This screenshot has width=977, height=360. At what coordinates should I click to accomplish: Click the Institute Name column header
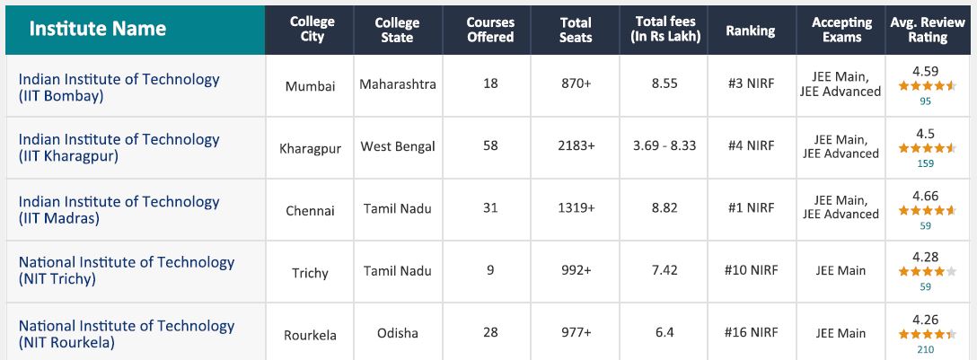tap(98, 29)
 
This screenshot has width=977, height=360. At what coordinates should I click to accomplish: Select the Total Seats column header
tap(576, 30)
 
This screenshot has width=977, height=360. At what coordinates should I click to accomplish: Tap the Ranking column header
tap(750, 31)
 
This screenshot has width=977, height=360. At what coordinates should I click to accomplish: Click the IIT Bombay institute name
tap(119, 87)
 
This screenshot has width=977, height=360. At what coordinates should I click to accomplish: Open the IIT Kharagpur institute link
tap(119, 147)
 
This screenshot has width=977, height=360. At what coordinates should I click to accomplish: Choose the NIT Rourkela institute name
tap(126, 334)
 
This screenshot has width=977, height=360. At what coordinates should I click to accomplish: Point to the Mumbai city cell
tap(310, 86)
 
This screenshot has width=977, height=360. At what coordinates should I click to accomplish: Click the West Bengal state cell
tap(398, 146)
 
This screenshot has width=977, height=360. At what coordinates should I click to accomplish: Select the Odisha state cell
tap(398, 333)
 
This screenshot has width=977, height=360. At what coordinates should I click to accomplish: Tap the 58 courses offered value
tap(490, 145)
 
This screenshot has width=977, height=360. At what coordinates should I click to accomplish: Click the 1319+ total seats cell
tap(576, 208)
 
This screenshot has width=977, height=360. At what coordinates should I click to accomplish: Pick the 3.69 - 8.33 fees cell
tap(665, 145)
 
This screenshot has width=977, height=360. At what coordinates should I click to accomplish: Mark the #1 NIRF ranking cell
tap(750, 208)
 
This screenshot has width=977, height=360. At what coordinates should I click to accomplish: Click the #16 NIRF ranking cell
tap(750, 332)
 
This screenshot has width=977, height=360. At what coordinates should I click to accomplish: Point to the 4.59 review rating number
tap(926, 71)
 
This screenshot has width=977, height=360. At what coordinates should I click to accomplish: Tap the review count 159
tap(926, 163)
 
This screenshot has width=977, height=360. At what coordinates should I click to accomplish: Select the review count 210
tap(926, 349)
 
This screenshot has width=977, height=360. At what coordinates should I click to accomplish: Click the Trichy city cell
tap(310, 273)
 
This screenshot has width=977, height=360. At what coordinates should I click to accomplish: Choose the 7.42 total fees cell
tap(665, 270)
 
